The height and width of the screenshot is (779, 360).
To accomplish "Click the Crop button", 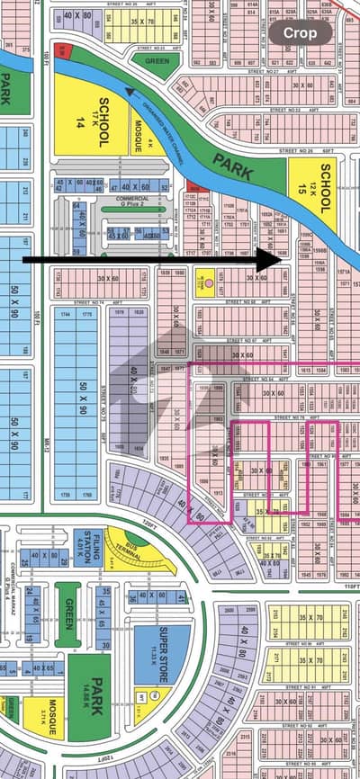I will click(302, 32).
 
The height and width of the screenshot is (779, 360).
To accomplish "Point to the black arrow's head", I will click(274, 259).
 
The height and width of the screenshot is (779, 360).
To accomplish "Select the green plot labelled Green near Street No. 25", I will click(155, 61).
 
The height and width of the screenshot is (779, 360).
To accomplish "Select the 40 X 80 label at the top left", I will click(77, 15).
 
